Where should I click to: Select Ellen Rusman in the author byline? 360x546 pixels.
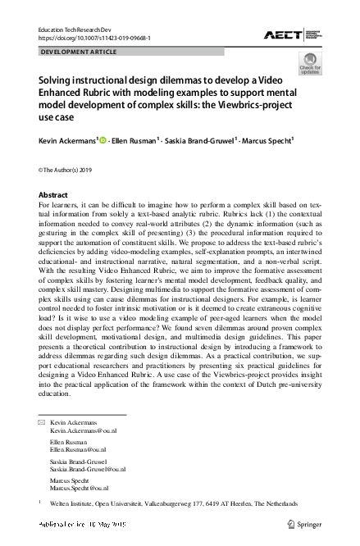(139, 141)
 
